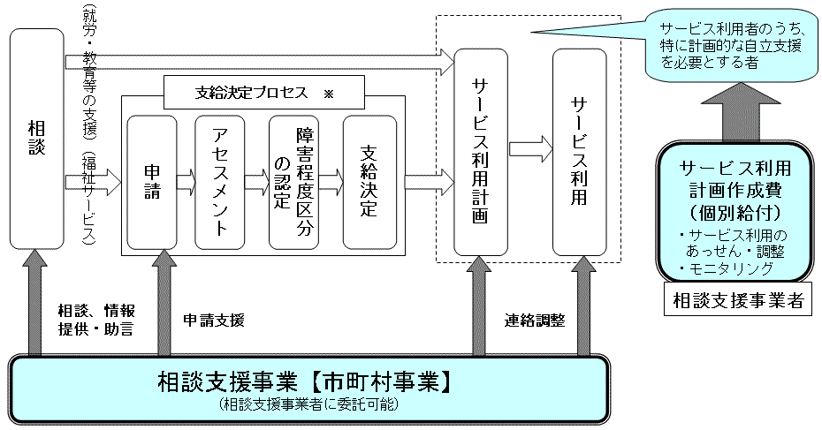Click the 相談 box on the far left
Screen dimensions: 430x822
coord(36,139)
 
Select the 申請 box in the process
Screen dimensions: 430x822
coord(152,183)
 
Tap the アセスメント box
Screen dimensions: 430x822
coord(220,183)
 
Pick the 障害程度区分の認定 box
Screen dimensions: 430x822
coord(293,183)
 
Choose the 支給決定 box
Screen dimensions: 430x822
coord(368,183)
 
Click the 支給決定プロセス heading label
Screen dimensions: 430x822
coord(252,89)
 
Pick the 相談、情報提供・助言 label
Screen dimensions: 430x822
coord(95,321)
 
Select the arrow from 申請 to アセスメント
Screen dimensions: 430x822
coord(186,184)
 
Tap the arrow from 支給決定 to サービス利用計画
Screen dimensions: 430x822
coord(428,183)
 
